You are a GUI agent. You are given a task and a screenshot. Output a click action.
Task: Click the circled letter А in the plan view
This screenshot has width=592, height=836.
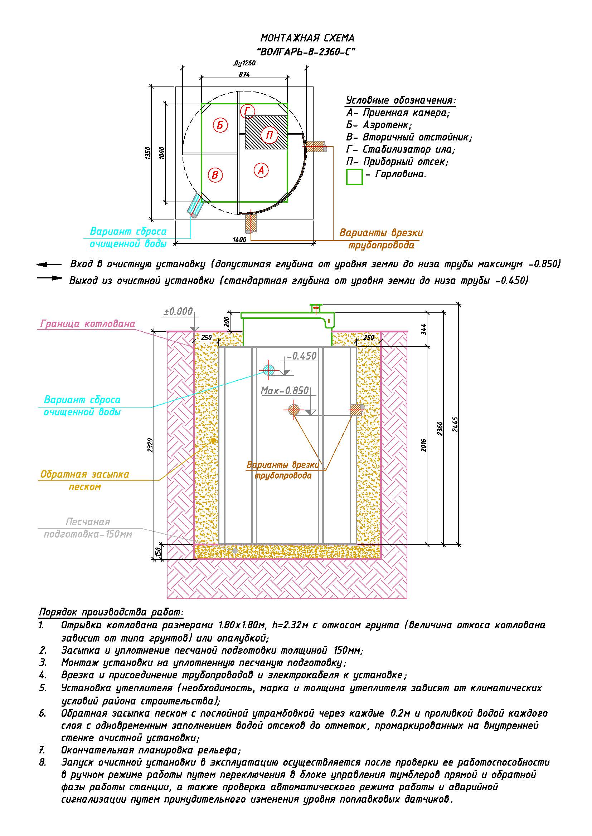(261, 170)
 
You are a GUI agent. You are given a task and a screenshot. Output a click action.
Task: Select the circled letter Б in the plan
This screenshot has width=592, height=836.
(220, 125)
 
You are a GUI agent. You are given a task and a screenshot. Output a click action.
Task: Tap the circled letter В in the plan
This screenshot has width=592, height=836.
(215, 175)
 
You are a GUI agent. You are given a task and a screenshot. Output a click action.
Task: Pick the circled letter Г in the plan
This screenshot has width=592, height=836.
(248, 111)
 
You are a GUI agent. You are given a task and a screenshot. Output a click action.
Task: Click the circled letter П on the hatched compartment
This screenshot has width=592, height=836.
(270, 135)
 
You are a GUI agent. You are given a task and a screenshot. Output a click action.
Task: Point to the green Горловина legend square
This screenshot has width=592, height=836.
(354, 177)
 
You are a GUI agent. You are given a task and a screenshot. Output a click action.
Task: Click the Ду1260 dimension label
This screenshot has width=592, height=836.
(244, 63)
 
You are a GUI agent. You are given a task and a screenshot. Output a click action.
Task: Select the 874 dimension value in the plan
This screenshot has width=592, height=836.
(244, 75)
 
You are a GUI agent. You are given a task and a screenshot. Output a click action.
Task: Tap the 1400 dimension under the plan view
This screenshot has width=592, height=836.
(239, 239)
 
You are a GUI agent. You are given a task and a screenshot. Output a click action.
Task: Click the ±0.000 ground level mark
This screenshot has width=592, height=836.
(178, 311)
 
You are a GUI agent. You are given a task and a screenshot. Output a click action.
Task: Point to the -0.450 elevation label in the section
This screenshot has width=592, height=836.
(302, 356)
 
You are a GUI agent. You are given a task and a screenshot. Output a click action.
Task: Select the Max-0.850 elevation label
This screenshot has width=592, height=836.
(285, 391)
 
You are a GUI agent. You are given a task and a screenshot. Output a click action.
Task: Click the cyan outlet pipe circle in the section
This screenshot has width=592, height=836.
(269, 370)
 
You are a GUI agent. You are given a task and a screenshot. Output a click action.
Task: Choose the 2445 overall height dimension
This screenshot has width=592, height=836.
(455, 424)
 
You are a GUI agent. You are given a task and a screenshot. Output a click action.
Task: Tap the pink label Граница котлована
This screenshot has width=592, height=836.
(87, 324)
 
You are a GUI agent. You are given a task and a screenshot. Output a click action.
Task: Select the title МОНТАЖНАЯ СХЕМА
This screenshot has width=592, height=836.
(307, 38)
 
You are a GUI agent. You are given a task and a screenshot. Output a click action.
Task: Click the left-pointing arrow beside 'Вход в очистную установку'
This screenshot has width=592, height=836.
(49, 265)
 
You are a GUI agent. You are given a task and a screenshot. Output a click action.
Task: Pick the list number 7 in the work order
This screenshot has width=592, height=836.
(42, 750)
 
